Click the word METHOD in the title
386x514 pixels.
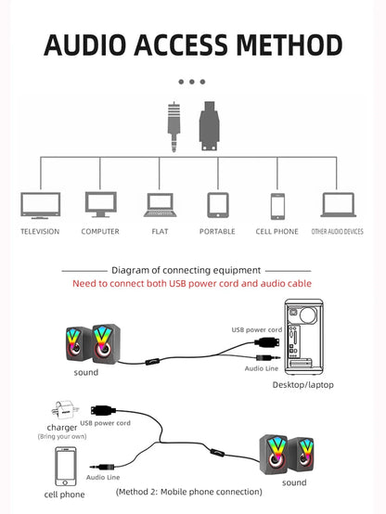(x=289, y=45)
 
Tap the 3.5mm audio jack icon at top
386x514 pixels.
(x=174, y=126)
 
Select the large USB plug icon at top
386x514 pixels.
(x=209, y=126)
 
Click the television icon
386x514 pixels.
(x=40, y=206)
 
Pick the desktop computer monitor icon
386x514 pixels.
(x=101, y=204)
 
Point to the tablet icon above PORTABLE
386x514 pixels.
(x=218, y=205)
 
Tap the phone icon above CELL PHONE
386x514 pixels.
(x=277, y=206)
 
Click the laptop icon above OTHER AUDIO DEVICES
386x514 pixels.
(x=338, y=205)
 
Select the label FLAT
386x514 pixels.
(x=160, y=231)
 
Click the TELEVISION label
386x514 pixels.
(x=40, y=231)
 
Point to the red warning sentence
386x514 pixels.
(x=192, y=284)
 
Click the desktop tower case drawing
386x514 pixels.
(x=303, y=337)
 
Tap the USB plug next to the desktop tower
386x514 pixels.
(x=267, y=343)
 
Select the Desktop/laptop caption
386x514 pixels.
(x=303, y=385)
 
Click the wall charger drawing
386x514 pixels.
(x=65, y=410)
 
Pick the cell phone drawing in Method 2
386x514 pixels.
(x=66, y=467)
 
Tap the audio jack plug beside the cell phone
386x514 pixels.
(x=102, y=467)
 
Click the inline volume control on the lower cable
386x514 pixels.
(x=217, y=453)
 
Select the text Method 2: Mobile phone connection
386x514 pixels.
(x=189, y=492)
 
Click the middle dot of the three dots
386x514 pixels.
(x=192, y=82)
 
